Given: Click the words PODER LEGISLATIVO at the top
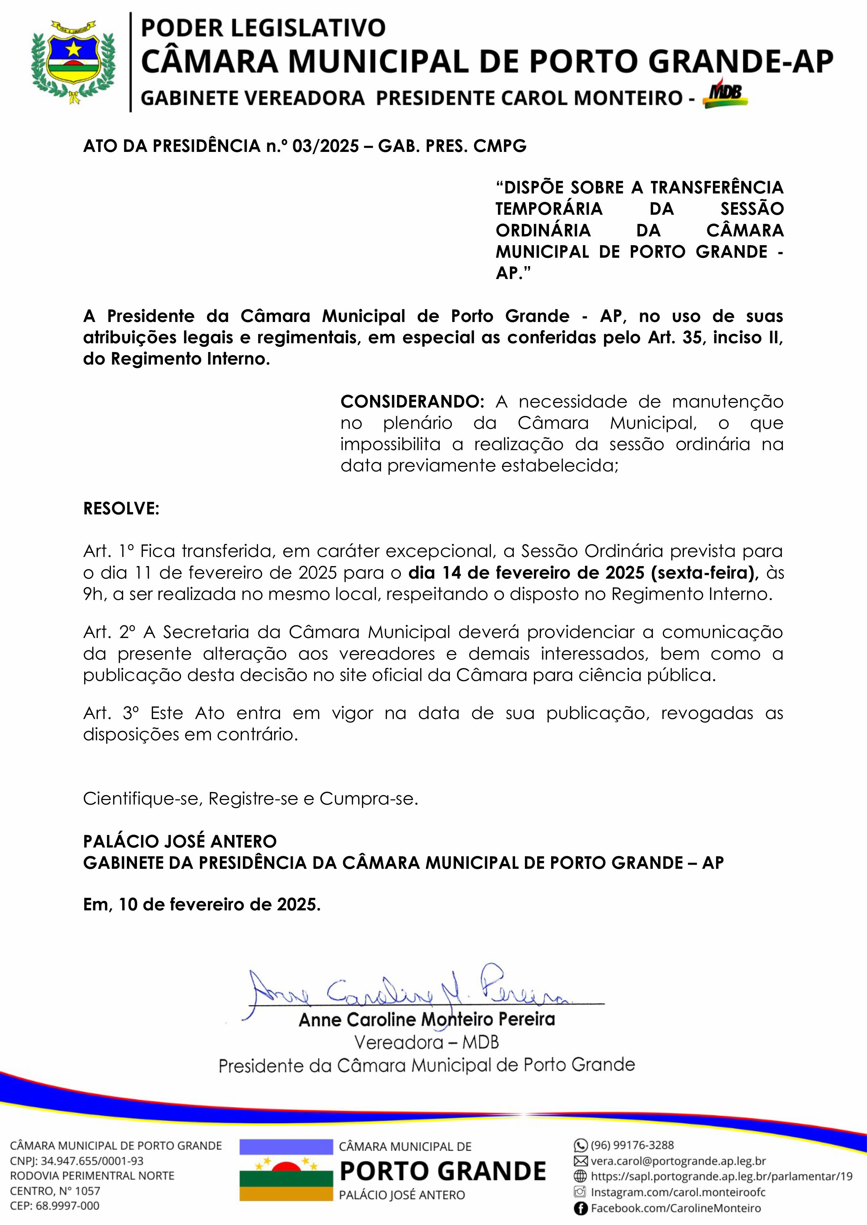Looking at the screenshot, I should click(263, 28).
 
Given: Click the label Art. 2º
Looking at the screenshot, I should click(109, 632).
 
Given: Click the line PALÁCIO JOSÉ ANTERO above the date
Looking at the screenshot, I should click(180, 841).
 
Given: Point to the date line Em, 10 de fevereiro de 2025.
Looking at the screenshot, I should click(202, 904).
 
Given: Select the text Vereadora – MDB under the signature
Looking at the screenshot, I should click(427, 1042).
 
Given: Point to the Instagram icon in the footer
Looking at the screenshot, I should click(581, 1193).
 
